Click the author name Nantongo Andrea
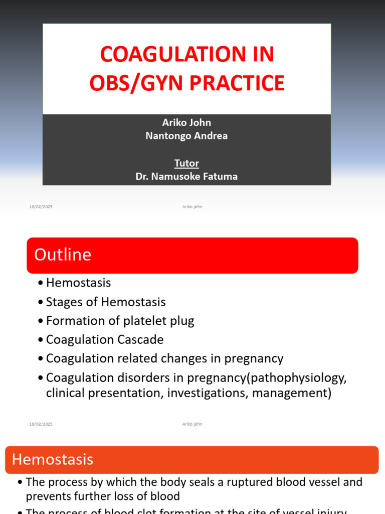tap(186, 136)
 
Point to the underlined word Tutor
tap(186, 163)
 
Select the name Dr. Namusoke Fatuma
tap(186, 176)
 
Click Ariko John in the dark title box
tap(186, 123)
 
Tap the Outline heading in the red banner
tap(63, 255)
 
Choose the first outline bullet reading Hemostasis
tap(78, 283)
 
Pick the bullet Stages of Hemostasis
tap(105, 302)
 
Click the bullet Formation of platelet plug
tap(120, 321)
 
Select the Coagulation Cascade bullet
tap(104, 340)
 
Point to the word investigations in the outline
tap(207, 393)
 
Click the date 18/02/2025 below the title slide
tap(41, 207)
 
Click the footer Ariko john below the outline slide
tap(192, 424)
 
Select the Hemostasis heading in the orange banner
tap(53, 459)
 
